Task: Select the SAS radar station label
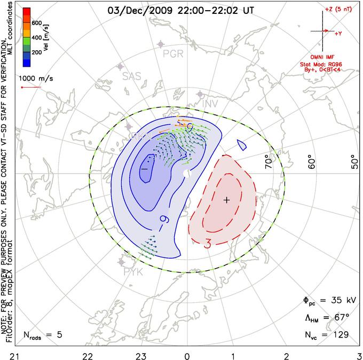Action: pos(131,76)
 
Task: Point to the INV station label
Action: pos(211,103)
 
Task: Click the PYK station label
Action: pos(133,272)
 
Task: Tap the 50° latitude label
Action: pos(354,162)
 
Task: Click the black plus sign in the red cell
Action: pos(226,200)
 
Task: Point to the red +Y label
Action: pos(338,34)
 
